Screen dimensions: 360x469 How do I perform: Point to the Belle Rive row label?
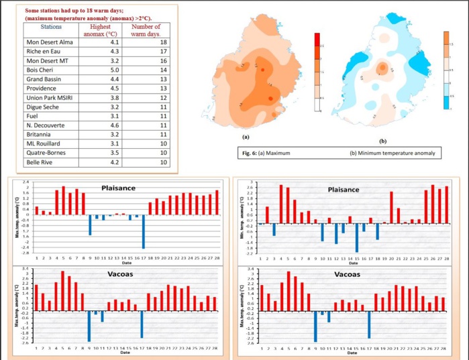pyautogui.click(x=29, y=162)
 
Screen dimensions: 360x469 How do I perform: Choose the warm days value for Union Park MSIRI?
pyautogui.click(x=153, y=97)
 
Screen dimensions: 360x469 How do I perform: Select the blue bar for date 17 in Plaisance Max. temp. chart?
pyautogui.click(x=144, y=231)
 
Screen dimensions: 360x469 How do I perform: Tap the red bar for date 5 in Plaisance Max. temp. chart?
pyautogui.click(x=63, y=200)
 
